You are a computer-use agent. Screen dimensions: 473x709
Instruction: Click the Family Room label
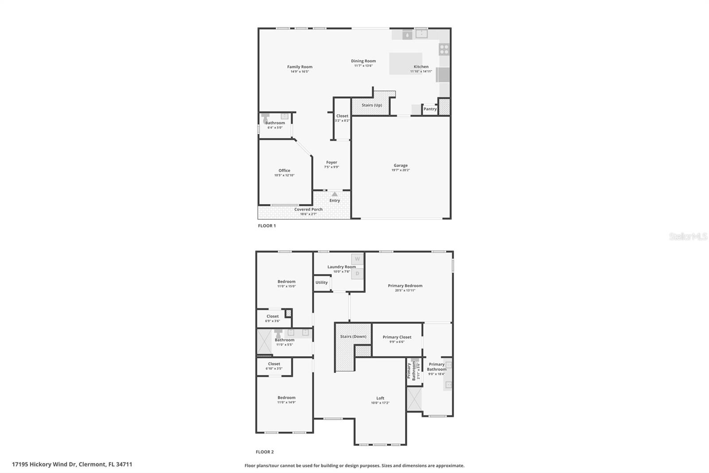[x=300, y=67]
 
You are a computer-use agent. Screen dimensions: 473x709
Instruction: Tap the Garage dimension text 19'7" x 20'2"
[x=401, y=170]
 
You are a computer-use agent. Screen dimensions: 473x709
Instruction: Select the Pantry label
[x=430, y=109]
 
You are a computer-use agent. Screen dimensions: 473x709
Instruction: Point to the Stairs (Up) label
[x=371, y=105]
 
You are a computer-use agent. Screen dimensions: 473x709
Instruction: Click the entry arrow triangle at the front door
[x=335, y=194]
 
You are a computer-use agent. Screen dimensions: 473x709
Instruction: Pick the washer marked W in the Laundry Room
[x=357, y=259]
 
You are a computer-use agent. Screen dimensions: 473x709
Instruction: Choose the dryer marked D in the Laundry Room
[x=357, y=274]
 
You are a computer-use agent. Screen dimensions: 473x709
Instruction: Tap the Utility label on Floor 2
[x=322, y=283]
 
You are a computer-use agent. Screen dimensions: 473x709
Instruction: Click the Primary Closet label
[x=397, y=337]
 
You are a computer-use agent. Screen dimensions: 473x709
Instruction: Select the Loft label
[x=380, y=398]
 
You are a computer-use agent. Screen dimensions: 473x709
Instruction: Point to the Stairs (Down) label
[x=353, y=336]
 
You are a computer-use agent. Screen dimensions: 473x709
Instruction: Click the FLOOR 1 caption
[x=267, y=226]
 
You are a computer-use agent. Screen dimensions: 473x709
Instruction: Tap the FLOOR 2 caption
[x=265, y=452]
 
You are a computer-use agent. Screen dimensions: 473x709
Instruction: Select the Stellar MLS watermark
[x=688, y=237]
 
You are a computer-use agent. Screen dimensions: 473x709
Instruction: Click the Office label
[x=284, y=170]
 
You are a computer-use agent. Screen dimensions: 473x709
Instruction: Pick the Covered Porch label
[x=308, y=209]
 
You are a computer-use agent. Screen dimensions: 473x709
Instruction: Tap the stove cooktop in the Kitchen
[x=444, y=49]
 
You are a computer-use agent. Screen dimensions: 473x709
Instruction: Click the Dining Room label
[x=363, y=61]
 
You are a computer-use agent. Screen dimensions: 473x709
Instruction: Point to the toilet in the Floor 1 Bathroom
[x=266, y=118]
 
